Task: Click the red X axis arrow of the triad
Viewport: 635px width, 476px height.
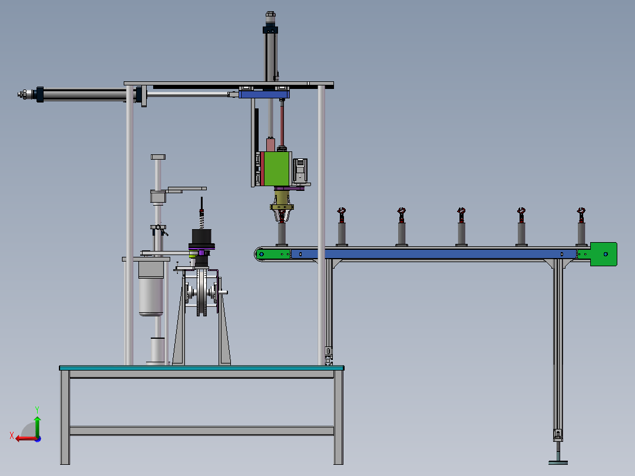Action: [22, 438]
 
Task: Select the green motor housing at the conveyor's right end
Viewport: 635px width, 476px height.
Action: [604, 254]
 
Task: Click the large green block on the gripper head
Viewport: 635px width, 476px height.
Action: [276, 168]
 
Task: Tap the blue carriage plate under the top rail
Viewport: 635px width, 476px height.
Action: [264, 94]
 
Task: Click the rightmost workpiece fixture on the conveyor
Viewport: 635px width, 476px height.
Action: [581, 227]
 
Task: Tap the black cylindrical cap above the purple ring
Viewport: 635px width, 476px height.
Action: [201, 239]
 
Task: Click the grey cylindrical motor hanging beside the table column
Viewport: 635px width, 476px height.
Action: [151, 289]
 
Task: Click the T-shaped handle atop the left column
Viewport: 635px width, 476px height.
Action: [158, 157]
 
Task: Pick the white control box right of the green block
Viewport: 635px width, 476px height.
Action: [300, 170]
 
